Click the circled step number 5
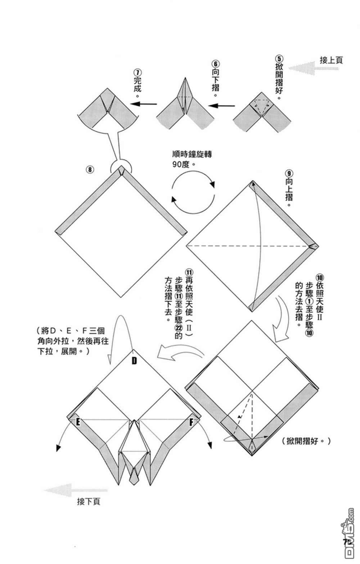[279, 59]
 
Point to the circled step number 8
[90, 169]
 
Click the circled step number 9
[289, 173]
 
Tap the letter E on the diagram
[77, 422]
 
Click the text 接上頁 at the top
[331, 60]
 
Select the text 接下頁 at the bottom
[88, 501]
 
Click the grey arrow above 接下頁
[76, 490]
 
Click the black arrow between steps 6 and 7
[144, 104]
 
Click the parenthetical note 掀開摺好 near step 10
[306, 441]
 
